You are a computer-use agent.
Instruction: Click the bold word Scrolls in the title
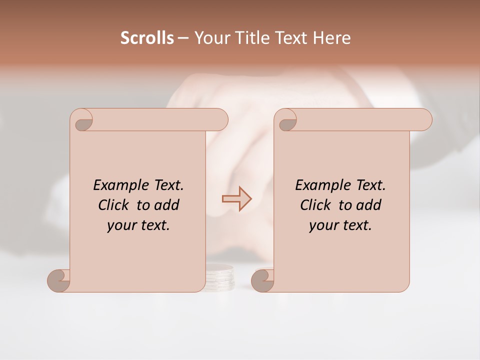pos(147,38)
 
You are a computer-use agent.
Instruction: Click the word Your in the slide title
pos(210,38)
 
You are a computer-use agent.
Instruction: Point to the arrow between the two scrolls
pos(237,199)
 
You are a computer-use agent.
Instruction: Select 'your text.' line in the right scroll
pos(340,225)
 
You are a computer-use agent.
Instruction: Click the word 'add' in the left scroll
pos(166,205)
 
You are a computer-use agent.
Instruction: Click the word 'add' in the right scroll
pos(368,205)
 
